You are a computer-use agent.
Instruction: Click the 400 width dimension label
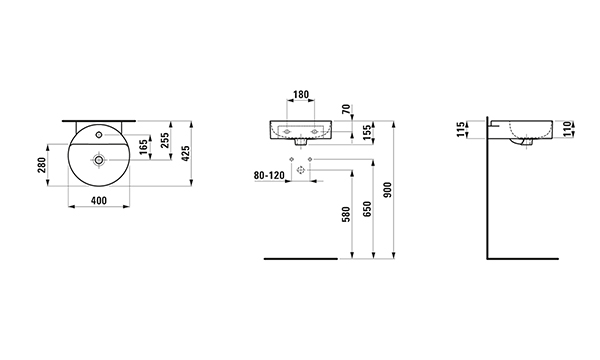99,200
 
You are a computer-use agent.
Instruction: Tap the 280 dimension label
42,165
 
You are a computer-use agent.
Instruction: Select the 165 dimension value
144,147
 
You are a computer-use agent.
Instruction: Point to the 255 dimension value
165,140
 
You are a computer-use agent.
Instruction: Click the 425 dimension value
186,153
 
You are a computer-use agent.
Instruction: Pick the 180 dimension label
301,94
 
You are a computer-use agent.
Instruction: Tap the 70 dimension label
346,109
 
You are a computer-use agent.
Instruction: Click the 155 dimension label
367,132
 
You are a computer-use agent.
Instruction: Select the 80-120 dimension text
269,175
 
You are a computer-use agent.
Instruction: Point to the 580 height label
346,214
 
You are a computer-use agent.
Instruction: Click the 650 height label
367,209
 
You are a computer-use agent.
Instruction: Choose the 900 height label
388,190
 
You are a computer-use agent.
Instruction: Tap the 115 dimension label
462,129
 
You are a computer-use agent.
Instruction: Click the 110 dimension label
568,129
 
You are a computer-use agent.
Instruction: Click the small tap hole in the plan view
99,134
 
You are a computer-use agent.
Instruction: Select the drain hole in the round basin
99,160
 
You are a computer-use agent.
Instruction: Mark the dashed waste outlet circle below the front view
301,169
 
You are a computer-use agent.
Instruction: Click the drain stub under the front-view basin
301,142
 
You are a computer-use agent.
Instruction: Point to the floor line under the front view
301,259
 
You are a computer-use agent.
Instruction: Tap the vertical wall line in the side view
488,188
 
